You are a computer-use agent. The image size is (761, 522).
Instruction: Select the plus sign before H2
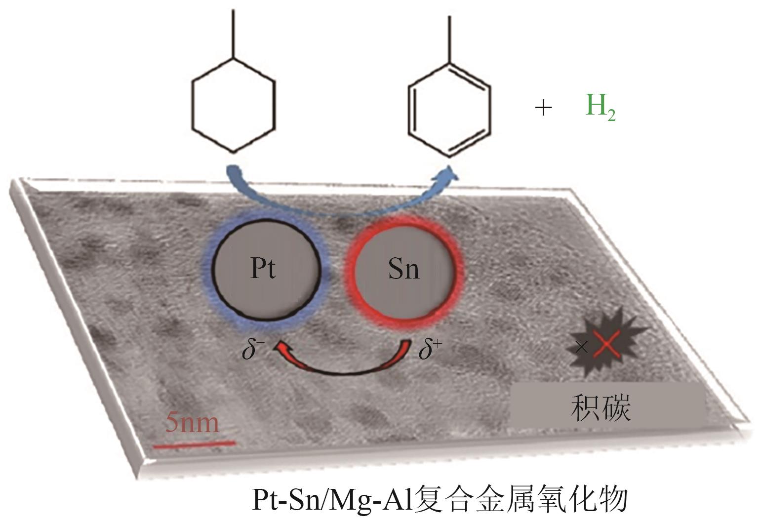coord(543,107)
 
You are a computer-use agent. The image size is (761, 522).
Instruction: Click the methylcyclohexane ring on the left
coord(233,105)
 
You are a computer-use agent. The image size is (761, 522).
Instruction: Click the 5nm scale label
coord(191,423)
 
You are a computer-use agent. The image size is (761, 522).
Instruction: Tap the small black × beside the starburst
coord(582,348)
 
